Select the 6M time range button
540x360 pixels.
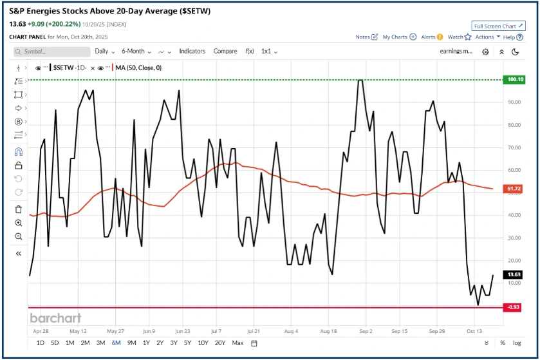[x=116, y=343]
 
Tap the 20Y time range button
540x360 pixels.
[x=219, y=343]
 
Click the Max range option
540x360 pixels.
[x=237, y=343]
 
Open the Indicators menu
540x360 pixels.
[x=192, y=51]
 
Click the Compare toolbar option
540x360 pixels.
[x=225, y=51]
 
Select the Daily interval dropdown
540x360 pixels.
[x=104, y=51]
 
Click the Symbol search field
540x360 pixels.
[x=55, y=51]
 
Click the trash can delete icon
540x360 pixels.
[x=18, y=209]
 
